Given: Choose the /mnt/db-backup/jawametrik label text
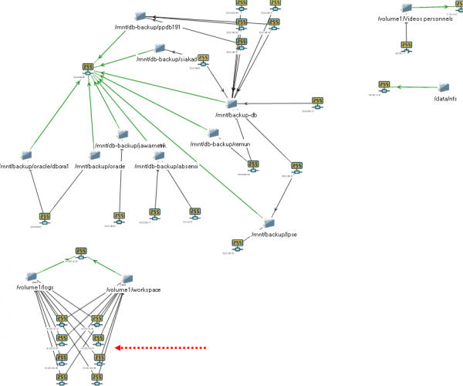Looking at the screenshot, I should (x=130, y=145).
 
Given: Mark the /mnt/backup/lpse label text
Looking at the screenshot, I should (x=269, y=235).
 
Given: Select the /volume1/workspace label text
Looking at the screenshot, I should (x=133, y=289).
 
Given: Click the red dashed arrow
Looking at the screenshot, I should (x=161, y=348).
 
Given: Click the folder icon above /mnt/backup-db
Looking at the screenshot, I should (x=231, y=103).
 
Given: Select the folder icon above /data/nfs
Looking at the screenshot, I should (x=444, y=88).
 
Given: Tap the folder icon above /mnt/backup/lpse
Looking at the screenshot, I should (x=269, y=223).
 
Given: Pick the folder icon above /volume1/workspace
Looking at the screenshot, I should (x=128, y=278).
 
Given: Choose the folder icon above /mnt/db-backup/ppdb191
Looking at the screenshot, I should (x=140, y=15).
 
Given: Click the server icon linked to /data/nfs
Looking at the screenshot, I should (x=384, y=86).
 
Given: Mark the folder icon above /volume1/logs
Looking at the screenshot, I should (x=32, y=276).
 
